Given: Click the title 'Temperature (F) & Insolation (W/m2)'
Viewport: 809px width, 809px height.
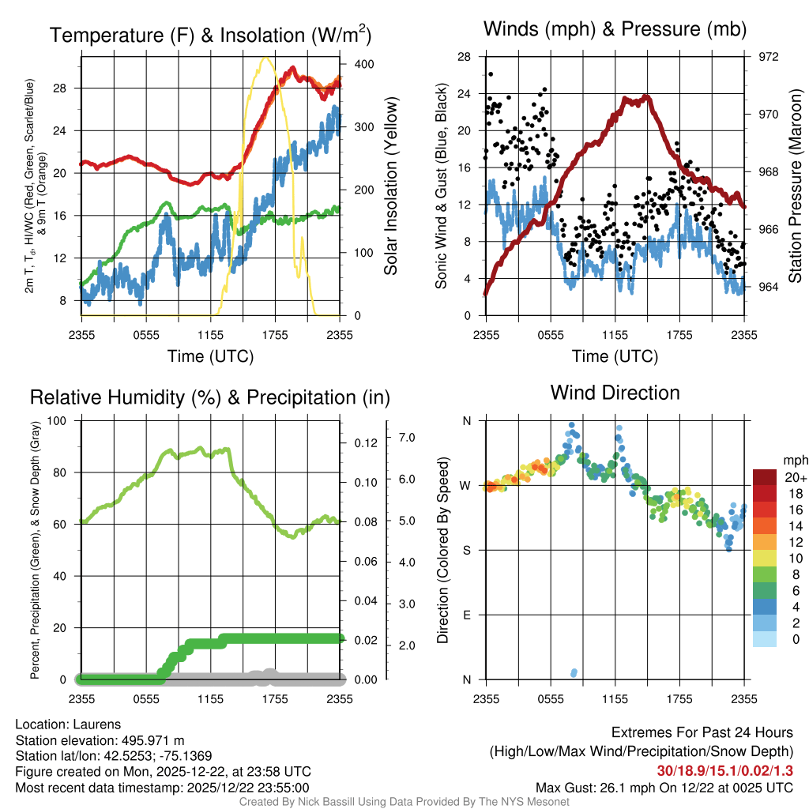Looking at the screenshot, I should point(210,35).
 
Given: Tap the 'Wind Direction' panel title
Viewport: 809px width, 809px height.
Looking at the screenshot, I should point(615,393).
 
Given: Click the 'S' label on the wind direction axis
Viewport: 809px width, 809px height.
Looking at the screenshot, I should point(467,550).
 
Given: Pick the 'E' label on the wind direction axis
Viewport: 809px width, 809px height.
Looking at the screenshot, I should point(467,615).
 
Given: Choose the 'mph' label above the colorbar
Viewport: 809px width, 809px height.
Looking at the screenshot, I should point(793,460).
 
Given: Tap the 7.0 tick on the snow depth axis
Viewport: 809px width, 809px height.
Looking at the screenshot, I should point(406,437).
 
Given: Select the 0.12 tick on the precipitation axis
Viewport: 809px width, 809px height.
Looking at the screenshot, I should point(363,442).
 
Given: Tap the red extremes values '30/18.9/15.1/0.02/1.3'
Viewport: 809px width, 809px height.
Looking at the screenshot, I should point(725,770).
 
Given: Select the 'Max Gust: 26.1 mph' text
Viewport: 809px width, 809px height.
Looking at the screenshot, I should point(588,787).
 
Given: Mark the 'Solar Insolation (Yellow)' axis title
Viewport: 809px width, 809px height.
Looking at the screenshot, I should point(390,186).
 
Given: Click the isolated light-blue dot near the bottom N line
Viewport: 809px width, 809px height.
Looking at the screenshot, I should point(574,673).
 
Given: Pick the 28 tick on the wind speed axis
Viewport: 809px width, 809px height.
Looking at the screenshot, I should point(464,57).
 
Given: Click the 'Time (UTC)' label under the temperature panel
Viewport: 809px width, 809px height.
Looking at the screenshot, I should point(210,356).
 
